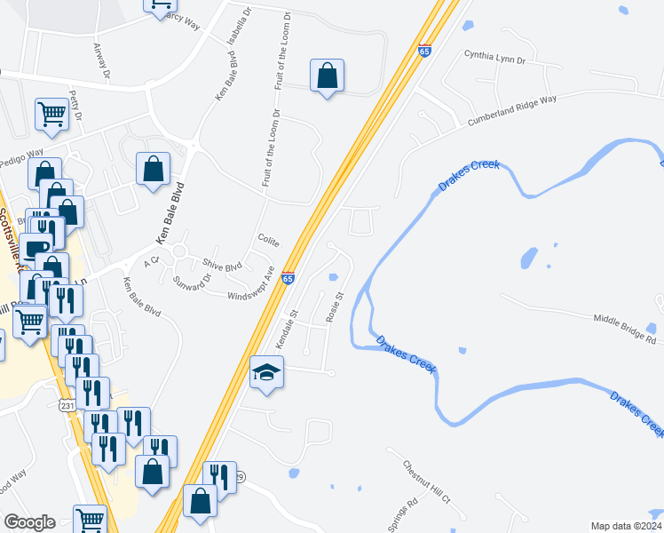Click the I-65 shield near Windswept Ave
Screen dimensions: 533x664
coord(288,277)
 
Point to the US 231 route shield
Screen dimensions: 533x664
coord(67,405)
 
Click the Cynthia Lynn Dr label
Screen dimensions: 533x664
coord(495,55)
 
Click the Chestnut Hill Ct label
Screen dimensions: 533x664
coord(427,481)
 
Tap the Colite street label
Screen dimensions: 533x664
coord(268,241)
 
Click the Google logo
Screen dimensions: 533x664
coord(28,522)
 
